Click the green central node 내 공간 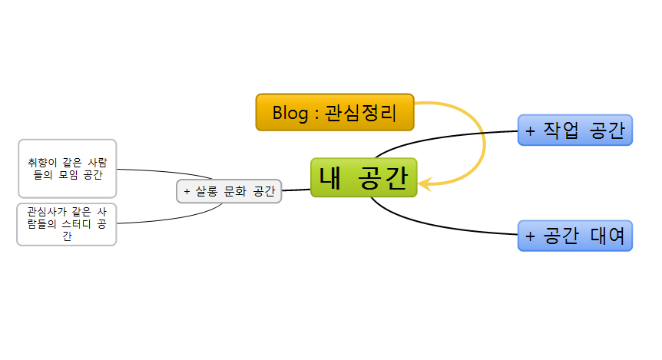363,177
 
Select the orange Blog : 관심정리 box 335,112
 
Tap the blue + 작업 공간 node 574,130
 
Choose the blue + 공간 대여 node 574,235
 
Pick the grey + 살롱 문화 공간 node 229,191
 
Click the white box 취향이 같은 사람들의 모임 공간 67,168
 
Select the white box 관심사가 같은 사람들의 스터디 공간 67,223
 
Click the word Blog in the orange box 290,113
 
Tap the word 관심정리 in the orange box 360,113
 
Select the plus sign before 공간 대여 530,235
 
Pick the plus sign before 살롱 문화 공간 187,191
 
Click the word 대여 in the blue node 607,235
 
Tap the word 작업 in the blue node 561,130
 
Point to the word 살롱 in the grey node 206,191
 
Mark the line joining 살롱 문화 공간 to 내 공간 296,189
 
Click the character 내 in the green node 333,177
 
